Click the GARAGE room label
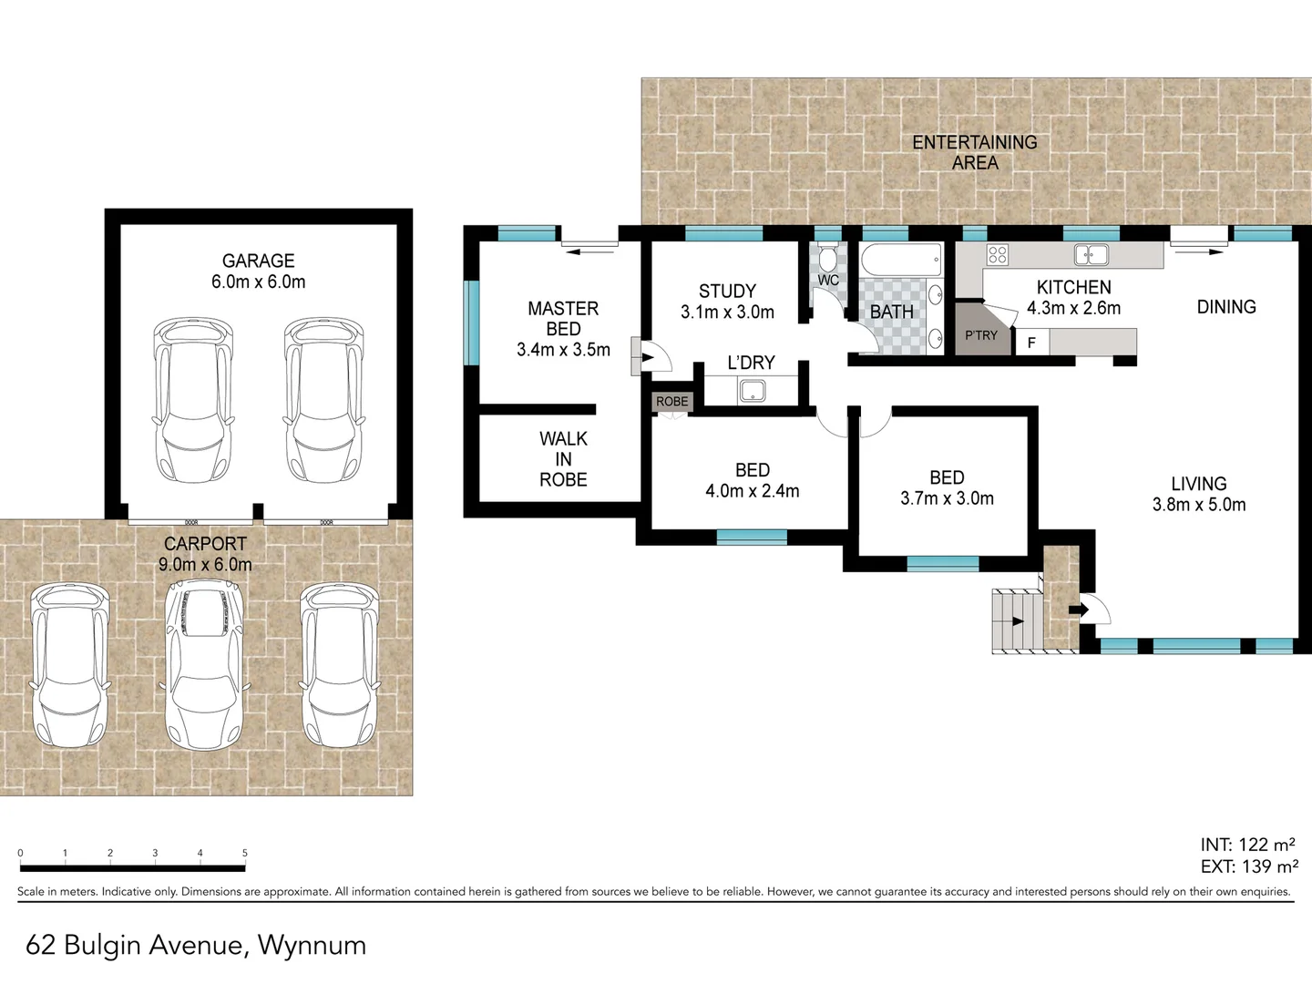pos(258,261)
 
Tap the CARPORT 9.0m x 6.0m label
pos(205,554)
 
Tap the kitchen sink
pos(1091,255)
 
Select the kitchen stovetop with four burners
pos(998,255)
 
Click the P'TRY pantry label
pos(981,335)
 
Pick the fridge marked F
pos(1031,343)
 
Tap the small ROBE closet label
pos(672,402)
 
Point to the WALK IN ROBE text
pos(563,459)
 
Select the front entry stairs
pos(1017,620)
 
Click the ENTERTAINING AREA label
pos(975,152)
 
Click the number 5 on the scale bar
pos(245,854)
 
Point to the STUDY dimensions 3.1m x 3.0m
pos(727,313)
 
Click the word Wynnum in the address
pos(312,946)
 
